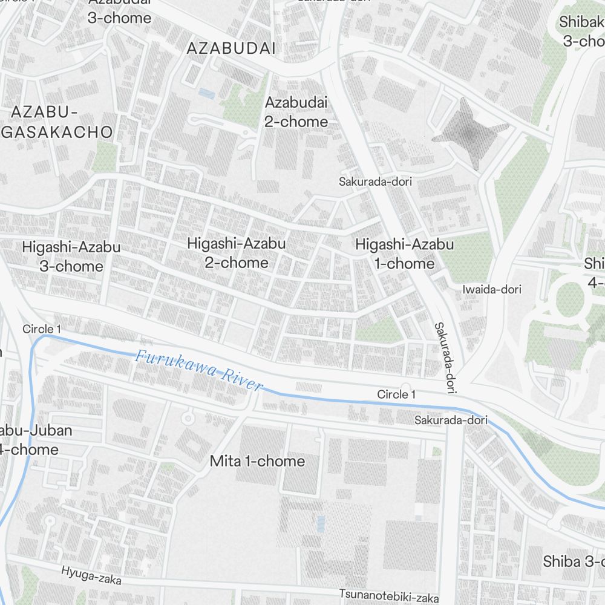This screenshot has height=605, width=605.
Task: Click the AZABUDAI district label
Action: point(231,48)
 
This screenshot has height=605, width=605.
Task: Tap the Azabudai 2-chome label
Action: point(296,112)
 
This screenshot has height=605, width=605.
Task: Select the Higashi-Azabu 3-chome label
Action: point(71,257)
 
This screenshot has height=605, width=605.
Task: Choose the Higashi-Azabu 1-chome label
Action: point(404,254)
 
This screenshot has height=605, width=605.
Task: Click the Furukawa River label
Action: point(199,370)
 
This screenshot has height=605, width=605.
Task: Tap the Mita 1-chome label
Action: point(257,461)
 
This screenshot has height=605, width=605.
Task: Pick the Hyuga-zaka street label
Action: point(91,575)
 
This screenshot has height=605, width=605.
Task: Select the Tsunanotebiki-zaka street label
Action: point(388,595)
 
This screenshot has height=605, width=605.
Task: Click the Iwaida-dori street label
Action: point(491,290)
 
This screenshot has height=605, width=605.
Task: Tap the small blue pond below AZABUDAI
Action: point(206,93)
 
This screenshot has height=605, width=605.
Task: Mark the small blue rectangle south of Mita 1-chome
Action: point(320,524)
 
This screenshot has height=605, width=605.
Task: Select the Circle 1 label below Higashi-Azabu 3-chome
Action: point(42,329)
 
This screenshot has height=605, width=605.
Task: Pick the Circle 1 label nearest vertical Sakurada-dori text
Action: point(396,394)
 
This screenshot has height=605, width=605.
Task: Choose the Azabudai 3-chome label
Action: point(119,11)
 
